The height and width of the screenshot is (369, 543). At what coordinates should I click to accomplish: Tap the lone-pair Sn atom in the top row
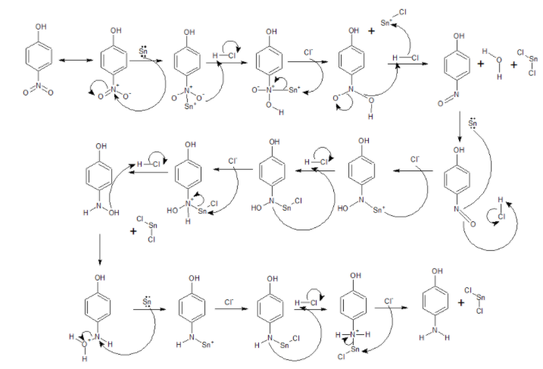(144, 54)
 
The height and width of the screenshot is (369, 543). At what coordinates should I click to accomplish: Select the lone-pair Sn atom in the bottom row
(147, 303)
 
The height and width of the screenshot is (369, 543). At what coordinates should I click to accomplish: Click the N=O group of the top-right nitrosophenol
(456, 97)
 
